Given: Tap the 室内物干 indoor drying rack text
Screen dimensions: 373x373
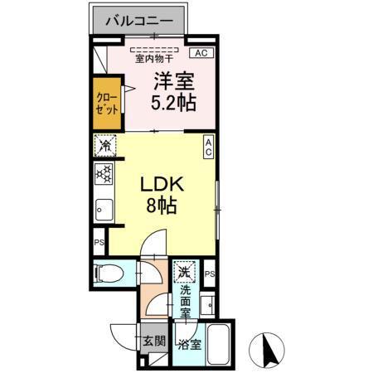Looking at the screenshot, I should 154,59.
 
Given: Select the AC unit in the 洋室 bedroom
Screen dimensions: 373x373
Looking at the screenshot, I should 199,52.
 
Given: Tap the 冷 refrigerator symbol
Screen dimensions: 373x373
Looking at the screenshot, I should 104,146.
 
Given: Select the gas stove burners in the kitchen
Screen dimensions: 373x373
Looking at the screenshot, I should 104,174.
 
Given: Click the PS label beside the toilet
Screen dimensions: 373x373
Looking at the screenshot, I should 98,243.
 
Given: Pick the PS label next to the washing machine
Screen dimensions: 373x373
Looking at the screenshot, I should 210,274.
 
